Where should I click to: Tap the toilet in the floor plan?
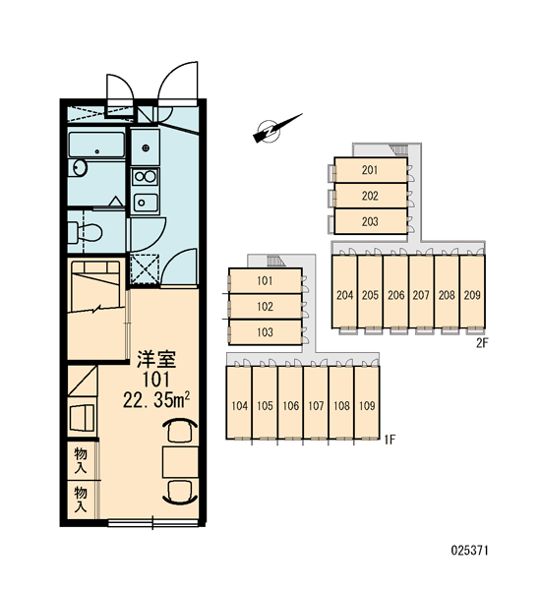(x=86, y=232)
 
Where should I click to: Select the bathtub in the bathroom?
(x=96, y=145)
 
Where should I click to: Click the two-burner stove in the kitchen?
(x=146, y=176)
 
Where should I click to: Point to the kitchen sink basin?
(x=146, y=203)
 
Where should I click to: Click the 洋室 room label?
(x=156, y=359)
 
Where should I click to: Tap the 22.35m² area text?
(x=155, y=399)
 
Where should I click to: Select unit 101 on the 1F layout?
(x=265, y=280)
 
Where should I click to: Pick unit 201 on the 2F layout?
(x=371, y=170)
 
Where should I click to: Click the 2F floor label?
(x=482, y=343)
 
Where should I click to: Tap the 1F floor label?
(x=390, y=440)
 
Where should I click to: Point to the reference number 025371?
(x=470, y=551)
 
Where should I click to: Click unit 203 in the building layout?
(x=371, y=221)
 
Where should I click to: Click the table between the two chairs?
(x=181, y=462)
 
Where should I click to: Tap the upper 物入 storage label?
(x=81, y=460)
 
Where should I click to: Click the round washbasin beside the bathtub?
(x=81, y=167)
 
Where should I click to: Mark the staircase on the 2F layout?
(x=399, y=150)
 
